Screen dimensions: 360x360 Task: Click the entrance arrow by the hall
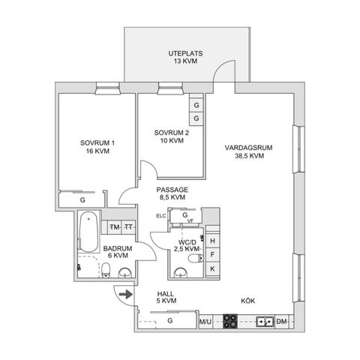point(126,294)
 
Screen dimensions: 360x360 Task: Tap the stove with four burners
point(230,321)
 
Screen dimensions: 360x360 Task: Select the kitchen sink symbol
point(265,322)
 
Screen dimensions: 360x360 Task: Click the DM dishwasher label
point(281,322)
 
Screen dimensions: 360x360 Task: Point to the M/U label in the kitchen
point(205,322)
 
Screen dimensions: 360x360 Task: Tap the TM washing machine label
point(115,227)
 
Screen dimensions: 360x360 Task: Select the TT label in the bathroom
point(129,227)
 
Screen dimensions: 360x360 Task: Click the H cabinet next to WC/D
point(212,241)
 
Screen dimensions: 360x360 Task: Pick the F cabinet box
point(212,255)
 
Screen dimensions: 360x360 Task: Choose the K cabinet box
point(212,268)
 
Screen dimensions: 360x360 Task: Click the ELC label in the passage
point(161,216)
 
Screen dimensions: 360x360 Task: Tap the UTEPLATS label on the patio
point(185,53)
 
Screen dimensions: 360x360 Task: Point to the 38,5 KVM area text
point(249,156)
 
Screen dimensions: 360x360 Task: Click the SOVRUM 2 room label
point(172,133)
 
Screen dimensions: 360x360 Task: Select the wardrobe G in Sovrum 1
point(82,200)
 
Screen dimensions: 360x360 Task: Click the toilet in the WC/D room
point(196,258)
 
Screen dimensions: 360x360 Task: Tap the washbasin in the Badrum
point(125,273)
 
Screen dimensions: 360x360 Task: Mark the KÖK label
point(248,301)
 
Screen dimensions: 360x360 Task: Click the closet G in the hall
point(170,320)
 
